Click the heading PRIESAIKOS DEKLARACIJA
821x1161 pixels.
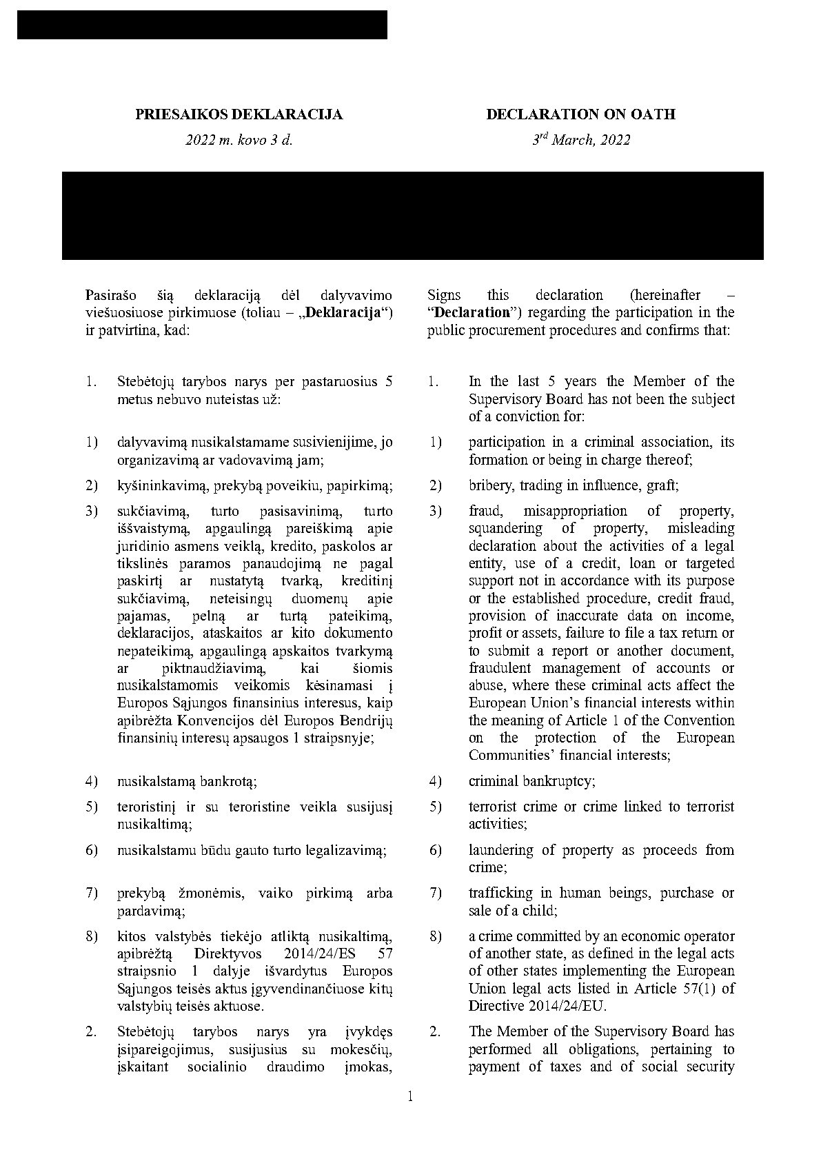click(239, 114)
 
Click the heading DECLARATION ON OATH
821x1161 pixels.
click(580, 114)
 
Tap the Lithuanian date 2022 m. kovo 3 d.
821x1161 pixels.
click(239, 140)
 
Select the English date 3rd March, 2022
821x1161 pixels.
click(580, 140)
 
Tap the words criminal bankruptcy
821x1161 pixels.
click(532, 781)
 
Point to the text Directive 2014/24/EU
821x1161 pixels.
click(538, 1006)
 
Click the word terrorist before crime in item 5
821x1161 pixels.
click(491, 807)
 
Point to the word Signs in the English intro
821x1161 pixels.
click(444, 295)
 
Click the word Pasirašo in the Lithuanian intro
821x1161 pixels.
click(110, 295)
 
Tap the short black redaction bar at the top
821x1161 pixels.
click(202, 25)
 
